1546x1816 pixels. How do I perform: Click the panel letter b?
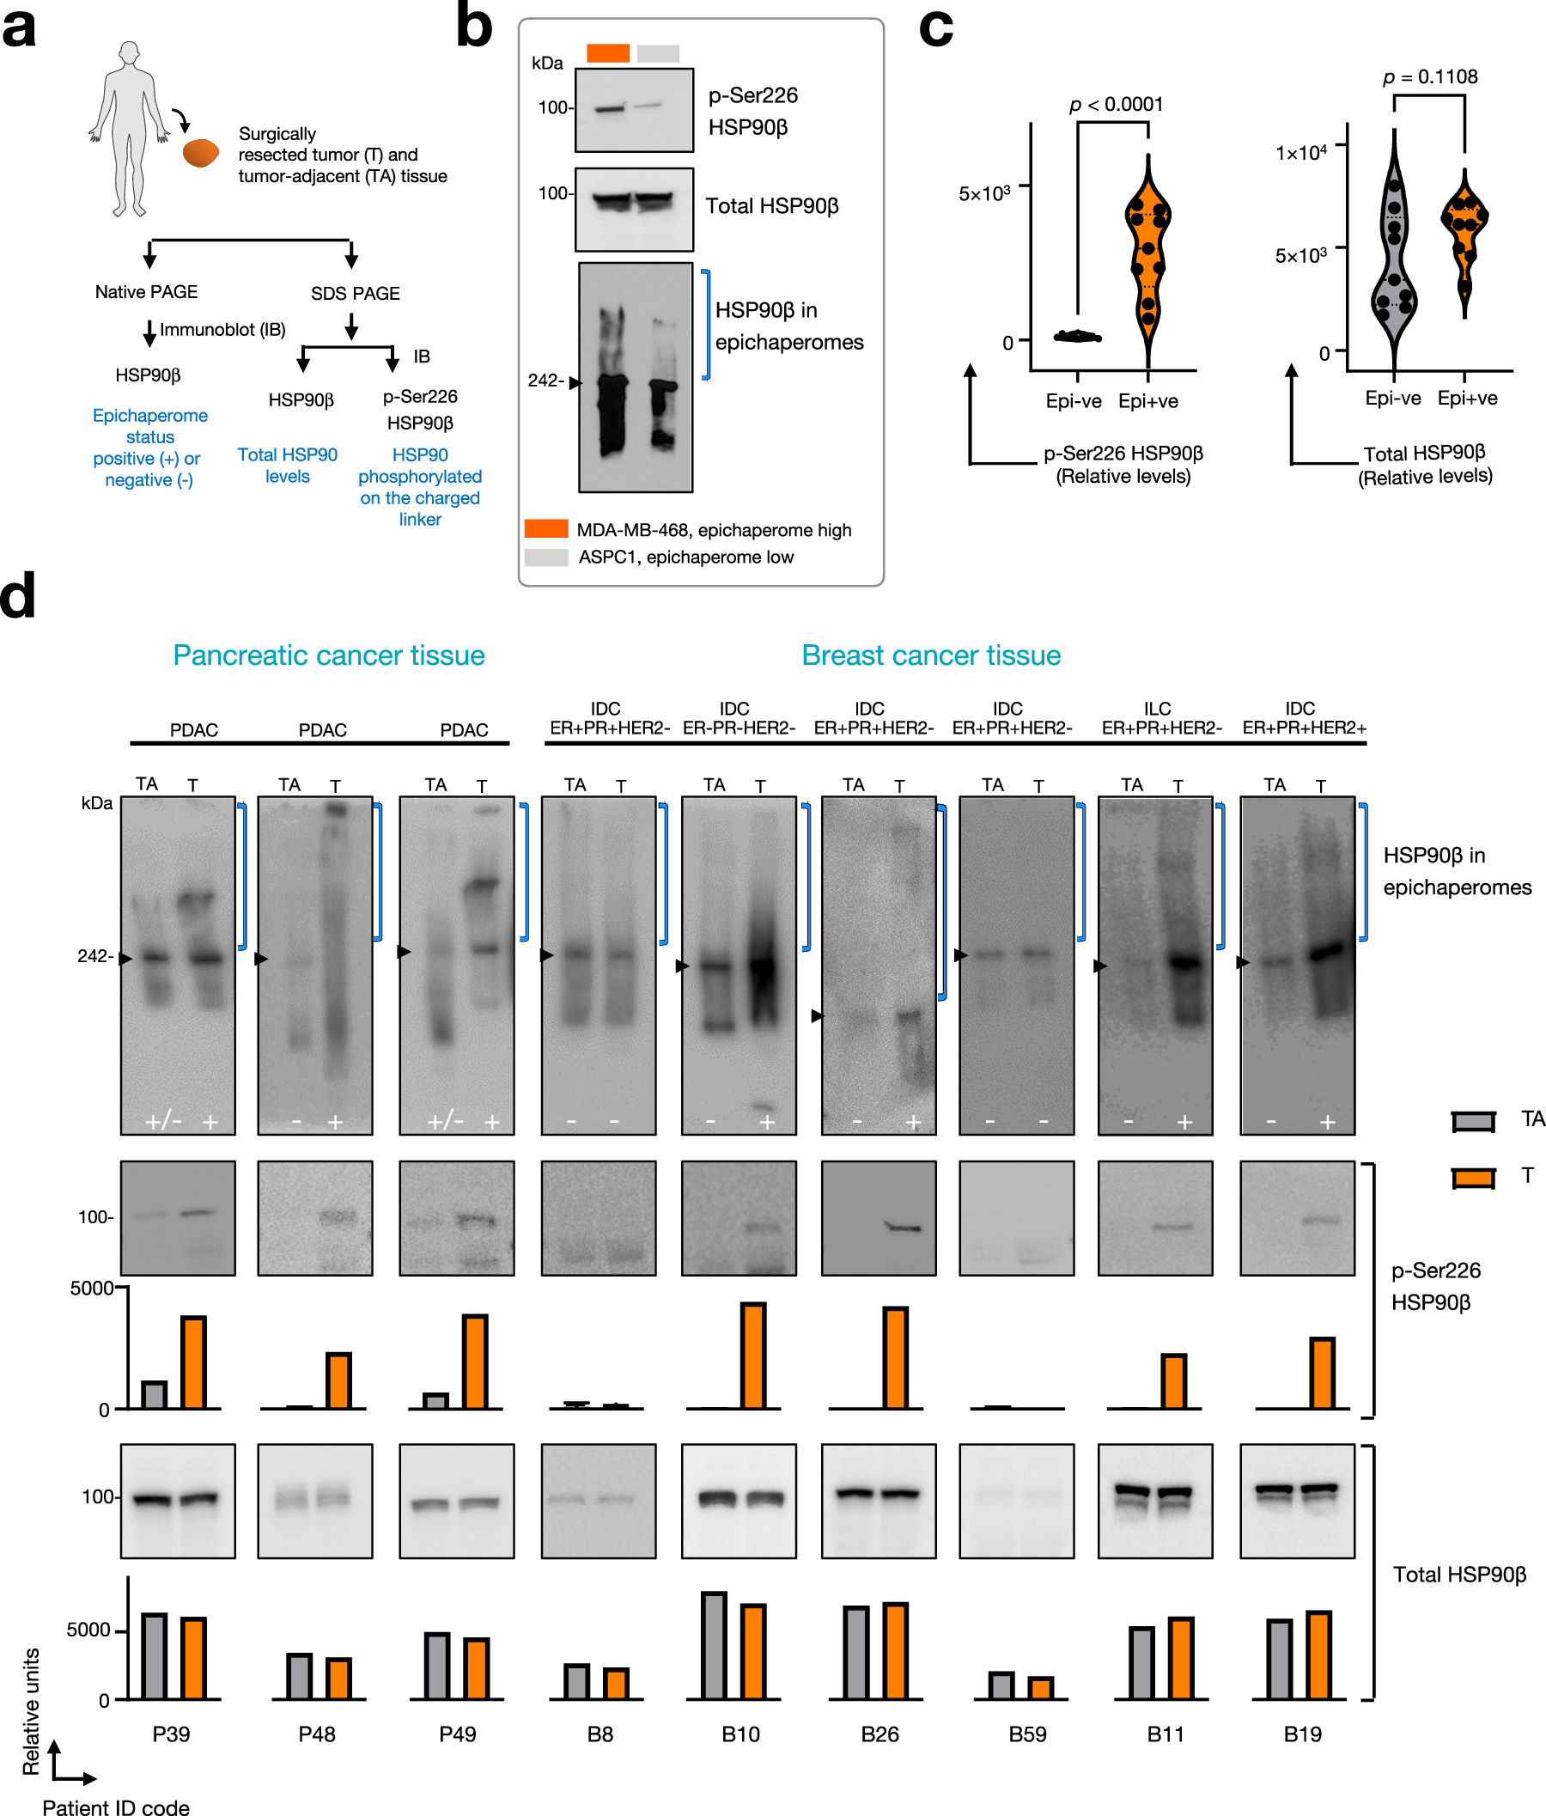coord(474,28)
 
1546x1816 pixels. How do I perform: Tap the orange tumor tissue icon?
coord(201,154)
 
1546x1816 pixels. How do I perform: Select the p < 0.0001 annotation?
coord(1116,105)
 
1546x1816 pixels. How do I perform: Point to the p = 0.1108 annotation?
coord(1429,77)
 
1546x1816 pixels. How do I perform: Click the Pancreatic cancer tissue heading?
coord(329,655)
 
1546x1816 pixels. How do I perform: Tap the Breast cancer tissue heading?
coord(931,655)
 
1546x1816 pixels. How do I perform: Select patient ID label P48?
coord(316,1734)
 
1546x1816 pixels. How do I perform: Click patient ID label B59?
coord(1027,1734)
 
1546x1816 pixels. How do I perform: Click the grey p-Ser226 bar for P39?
coord(155,1394)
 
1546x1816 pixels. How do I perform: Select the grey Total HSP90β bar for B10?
coord(714,1645)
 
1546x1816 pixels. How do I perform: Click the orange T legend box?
coord(1472,1178)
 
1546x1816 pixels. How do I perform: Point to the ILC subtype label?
coord(1157,708)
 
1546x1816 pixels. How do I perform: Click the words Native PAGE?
coord(146,292)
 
